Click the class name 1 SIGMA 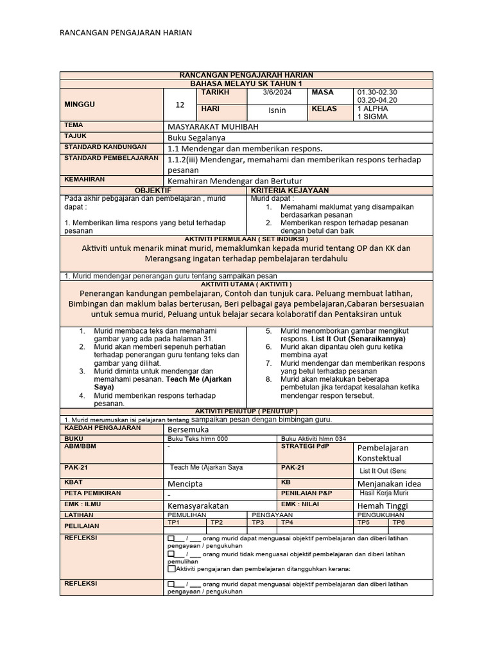(x=373, y=117)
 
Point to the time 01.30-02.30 (x=377, y=92)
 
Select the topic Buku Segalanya (x=196, y=137)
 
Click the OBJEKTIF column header (x=152, y=191)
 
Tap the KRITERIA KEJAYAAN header (x=290, y=191)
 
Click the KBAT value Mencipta (x=186, y=482)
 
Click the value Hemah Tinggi (x=383, y=506)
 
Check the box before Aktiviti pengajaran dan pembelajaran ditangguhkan (x=171, y=568)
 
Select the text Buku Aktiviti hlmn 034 (x=314, y=438)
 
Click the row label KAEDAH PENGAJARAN (x=93, y=427)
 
